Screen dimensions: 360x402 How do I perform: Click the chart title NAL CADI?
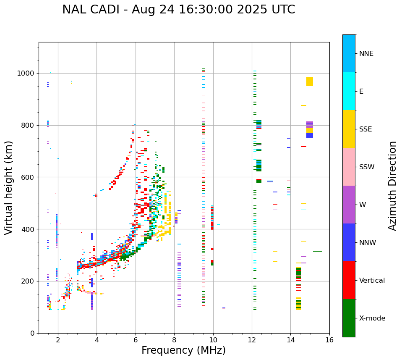(178, 10)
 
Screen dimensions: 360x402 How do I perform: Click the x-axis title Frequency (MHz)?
(183, 350)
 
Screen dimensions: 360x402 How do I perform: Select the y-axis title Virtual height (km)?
(9, 188)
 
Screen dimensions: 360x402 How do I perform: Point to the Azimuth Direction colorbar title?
(392, 186)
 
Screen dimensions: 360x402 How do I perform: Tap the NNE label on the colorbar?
(366, 54)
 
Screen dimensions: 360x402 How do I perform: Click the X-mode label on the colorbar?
(372, 318)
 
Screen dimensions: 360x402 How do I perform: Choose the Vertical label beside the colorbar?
(372, 281)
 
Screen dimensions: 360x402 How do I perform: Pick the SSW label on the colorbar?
(366, 167)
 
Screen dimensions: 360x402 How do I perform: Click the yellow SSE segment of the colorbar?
(349, 129)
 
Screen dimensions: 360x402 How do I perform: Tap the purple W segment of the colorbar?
(349, 205)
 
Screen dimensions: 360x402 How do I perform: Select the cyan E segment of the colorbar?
(349, 91)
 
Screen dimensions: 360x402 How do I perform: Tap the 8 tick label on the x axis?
(174, 339)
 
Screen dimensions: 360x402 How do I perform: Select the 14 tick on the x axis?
(290, 339)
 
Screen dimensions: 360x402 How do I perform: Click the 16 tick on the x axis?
(329, 339)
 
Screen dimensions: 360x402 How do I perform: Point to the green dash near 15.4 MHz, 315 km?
(318, 251)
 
